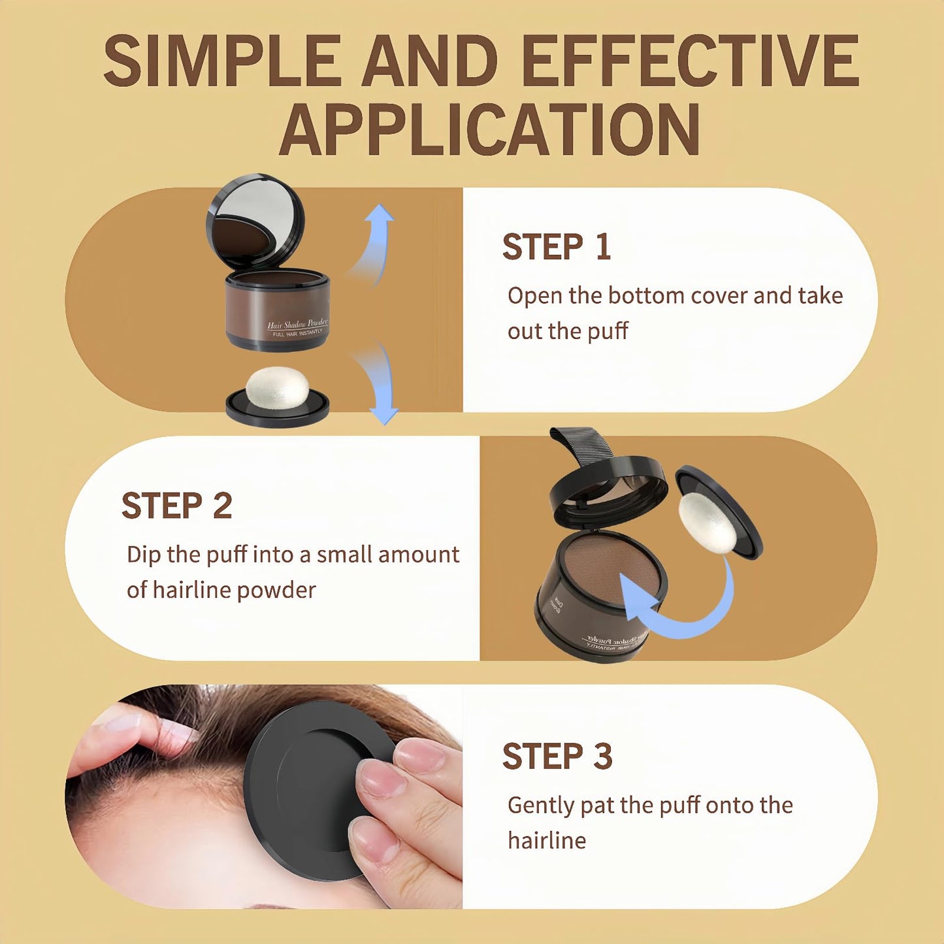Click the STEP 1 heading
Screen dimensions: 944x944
[x=556, y=247]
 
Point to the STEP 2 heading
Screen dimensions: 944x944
[x=176, y=506]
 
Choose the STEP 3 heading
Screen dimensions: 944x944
[x=557, y=757]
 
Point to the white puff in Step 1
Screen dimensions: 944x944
[x=277, y=387]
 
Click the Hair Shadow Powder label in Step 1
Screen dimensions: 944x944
[x=297, y=325]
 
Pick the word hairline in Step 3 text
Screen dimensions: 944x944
[x=546, y=840]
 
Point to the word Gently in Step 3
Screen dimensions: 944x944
[x=540, y=805]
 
